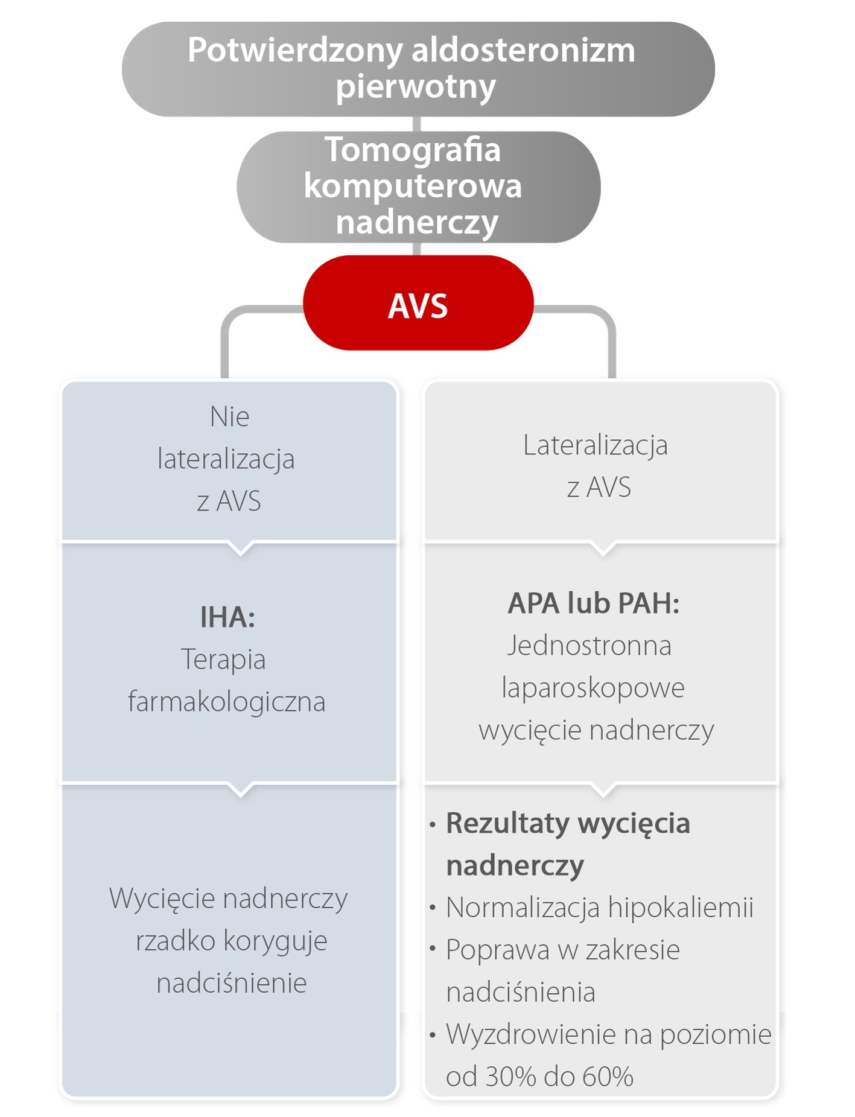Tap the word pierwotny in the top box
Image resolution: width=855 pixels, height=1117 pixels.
tap(416, 86)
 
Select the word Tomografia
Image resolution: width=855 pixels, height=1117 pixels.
tap(413, 150)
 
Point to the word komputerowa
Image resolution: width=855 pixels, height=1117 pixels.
tap(413, 186)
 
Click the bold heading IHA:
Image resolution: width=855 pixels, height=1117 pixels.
tap(227, 617)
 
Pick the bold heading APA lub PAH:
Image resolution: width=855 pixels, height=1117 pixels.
tap(594, 603)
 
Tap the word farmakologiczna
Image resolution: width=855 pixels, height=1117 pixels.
tap(227, 702)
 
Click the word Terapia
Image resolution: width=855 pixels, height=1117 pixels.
tap(223, 659)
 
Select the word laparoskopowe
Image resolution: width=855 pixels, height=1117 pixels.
tap(593, 688)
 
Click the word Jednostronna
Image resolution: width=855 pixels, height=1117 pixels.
tap(589, 646)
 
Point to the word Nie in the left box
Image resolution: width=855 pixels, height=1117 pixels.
tap(229, 417)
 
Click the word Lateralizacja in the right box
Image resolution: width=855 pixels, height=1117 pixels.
tap(595, 445)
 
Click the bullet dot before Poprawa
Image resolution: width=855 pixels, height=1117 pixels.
tap(433, 949)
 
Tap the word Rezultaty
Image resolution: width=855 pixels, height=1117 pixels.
tap(507, 824)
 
